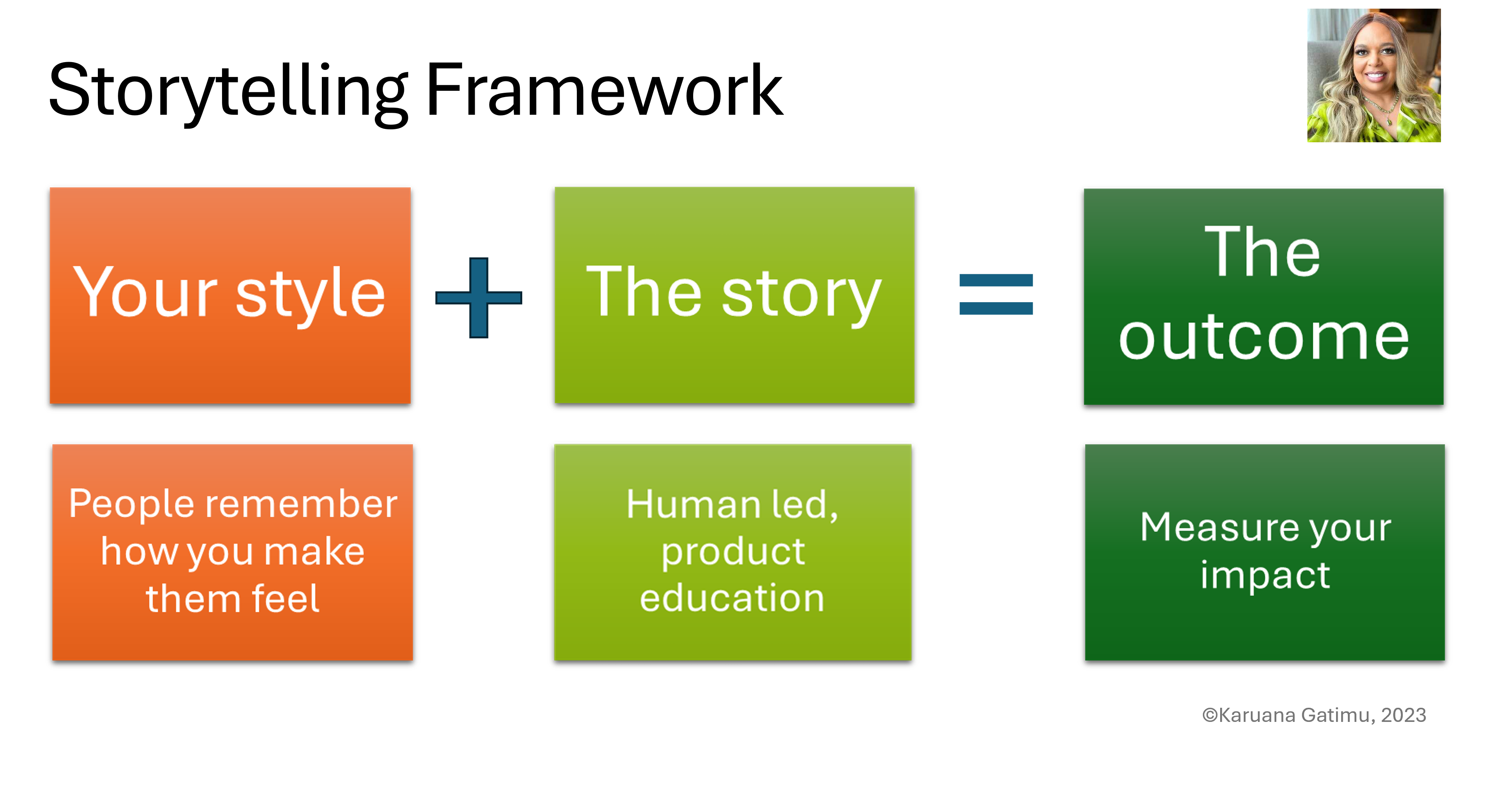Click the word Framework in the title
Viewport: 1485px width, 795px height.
point(604,91)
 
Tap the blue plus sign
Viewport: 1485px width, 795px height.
point(479,297)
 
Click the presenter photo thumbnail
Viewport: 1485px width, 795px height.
point(1374,75)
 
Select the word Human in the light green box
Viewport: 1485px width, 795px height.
point(693,505)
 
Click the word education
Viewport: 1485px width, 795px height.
point(732,598)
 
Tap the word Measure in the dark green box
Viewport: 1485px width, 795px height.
point(1217,527)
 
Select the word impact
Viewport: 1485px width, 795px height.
point(1265,575)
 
